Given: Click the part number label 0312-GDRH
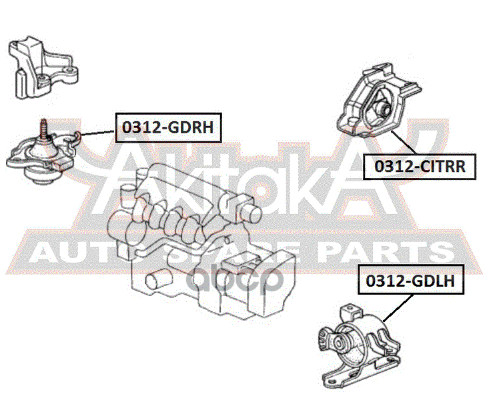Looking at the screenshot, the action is [169, 128].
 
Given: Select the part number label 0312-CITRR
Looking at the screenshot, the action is [420, 166].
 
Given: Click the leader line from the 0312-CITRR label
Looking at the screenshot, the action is [404, 143].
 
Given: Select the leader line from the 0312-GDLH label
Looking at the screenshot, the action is [398, 308].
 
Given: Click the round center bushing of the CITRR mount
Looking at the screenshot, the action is [383, 108].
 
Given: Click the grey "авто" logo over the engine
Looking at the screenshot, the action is [235, 279].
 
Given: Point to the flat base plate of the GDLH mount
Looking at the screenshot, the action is [360, 373].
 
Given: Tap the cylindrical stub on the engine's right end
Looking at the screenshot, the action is [251, 212].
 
